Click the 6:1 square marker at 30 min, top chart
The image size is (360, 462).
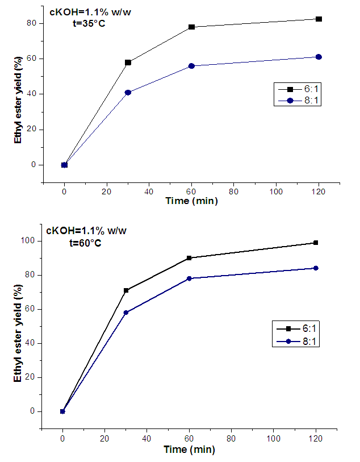click(128, 63)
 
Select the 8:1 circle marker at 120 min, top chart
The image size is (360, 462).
click(319, 57)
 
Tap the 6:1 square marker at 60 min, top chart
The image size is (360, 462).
click(192, 27)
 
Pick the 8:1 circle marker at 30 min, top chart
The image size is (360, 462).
click(128, 92)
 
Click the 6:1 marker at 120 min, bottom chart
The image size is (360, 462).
click(316, 243)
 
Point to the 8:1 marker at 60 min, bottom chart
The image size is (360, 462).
click(189, 278)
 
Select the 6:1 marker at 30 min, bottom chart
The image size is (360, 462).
click(126, 290)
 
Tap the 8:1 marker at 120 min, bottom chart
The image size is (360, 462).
click(316, 268)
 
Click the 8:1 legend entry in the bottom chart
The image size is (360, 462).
click(298, 341)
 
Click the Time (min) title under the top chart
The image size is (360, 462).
click(191, 201)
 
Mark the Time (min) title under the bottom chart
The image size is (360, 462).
click(189, 449)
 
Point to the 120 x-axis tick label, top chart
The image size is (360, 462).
click(319, 192)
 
